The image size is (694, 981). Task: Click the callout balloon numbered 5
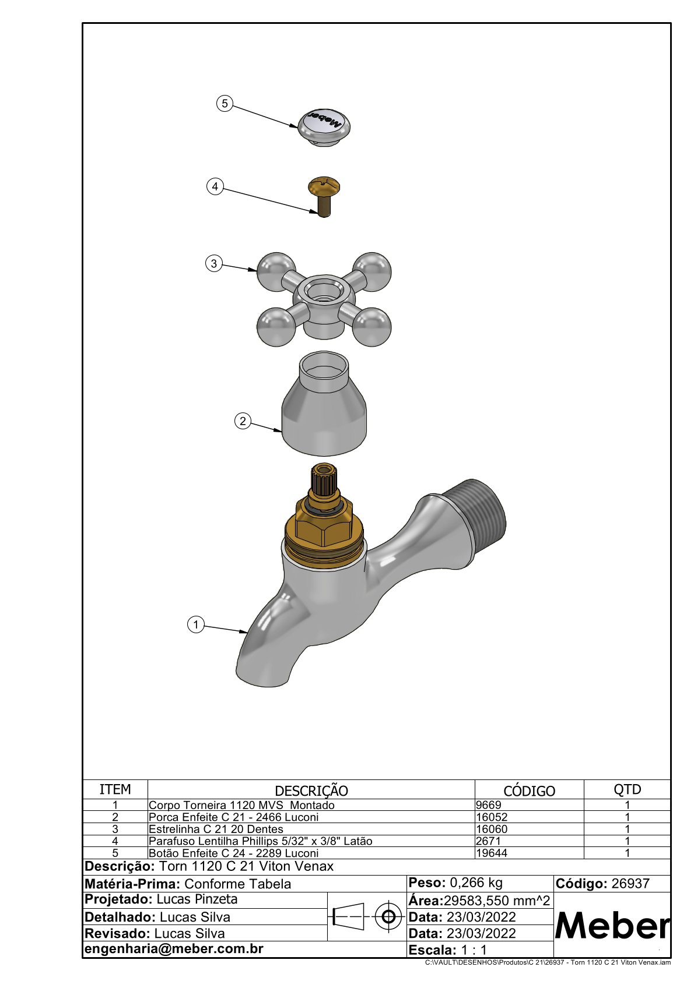coord(225,104)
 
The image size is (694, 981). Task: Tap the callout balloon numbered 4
coord(215,187)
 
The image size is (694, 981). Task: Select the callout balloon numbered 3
coord(214,264)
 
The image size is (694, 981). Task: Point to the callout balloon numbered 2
coord(243,421)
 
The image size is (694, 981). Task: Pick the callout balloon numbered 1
coord(196,624)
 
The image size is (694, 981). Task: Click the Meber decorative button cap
coord(324,128)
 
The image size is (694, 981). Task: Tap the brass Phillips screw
coord(324,197)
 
